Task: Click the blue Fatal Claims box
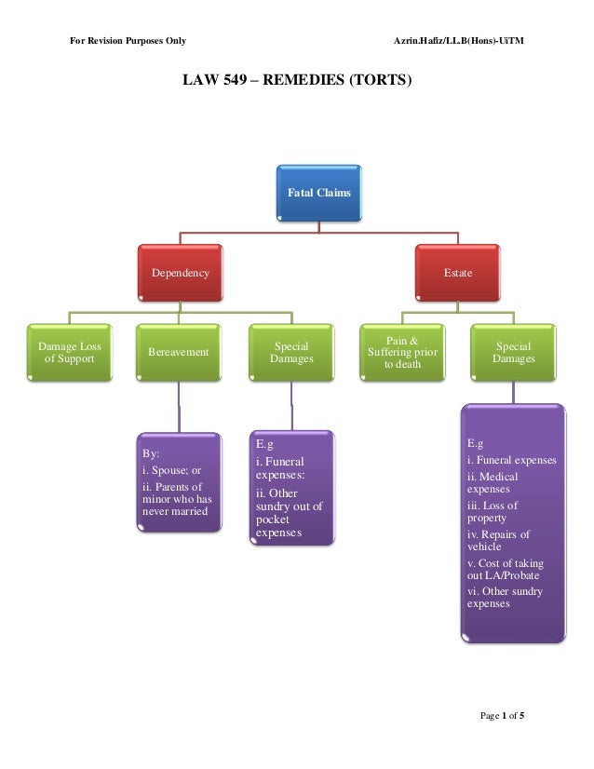point(318,193)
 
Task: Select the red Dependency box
point(181,273)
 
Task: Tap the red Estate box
point(457,273)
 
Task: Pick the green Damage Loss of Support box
point(70,353)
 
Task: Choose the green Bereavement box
point(178,354)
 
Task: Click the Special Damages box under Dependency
point(291,352)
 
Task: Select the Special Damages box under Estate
point(514,352)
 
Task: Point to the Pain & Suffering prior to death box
point(402,352)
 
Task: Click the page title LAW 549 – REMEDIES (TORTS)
point(296,81)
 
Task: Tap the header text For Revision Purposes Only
point(128,42)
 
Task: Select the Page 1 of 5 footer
point(503,715)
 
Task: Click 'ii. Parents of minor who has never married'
point(177,499)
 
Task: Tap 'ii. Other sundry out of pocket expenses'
point(289,513)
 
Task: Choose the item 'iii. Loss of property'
point(493,512)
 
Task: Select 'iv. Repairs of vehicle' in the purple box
point(498,541)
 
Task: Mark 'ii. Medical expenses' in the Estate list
point(493,482)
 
